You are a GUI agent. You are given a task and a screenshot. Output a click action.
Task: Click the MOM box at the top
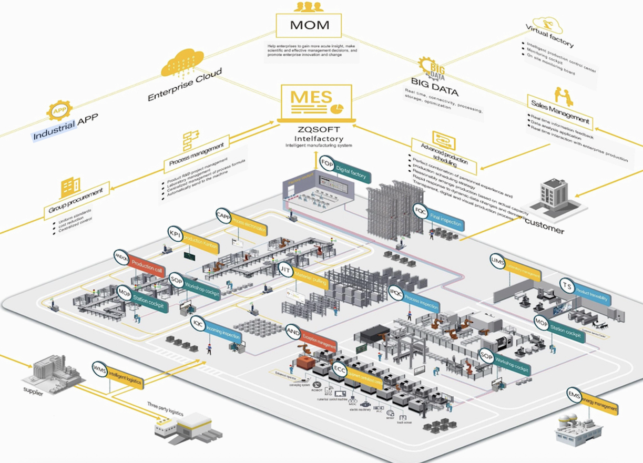(309, 25)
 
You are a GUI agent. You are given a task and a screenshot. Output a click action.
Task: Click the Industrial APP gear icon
(59, 111)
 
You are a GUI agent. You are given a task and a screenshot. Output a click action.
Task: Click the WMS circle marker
(100, 369)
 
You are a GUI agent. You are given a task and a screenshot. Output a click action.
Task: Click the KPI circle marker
(175, 234)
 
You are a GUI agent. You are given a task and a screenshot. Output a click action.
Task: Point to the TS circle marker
(567, 286)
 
